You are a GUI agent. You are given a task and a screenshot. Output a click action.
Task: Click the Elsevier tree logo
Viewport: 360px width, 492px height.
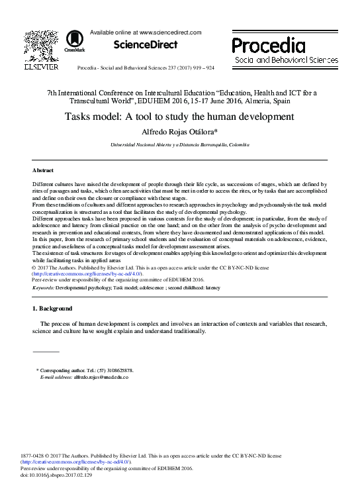pyautogui.click(x=41, y=45)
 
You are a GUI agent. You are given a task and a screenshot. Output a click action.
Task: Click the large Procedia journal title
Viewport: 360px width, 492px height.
pyautogui.click(x=268, y=45)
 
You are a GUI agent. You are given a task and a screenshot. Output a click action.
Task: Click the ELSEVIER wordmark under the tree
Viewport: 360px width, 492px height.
pyautogui.click(x=41, y=66)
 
